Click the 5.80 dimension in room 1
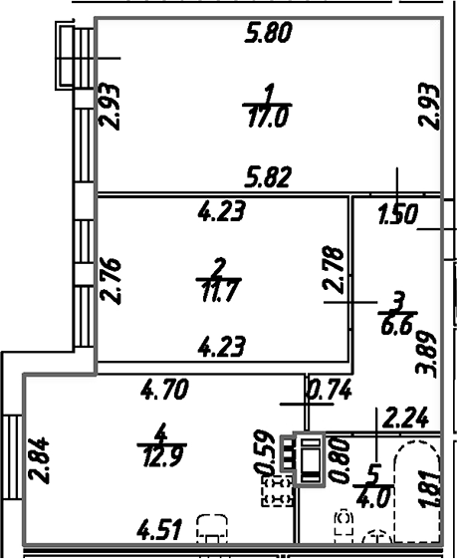268,33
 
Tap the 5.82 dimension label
268,176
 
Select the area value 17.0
267,118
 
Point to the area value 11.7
219,291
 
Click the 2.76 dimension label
111,281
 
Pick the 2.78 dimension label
334,269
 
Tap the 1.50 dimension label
398,214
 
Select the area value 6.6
396,326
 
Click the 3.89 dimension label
426,355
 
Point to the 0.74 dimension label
331,390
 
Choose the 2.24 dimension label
405,419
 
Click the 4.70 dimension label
164,390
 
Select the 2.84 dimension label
39,460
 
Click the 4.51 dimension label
159,530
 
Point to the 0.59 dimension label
264,452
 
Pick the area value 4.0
372,497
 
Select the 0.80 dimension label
341,460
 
